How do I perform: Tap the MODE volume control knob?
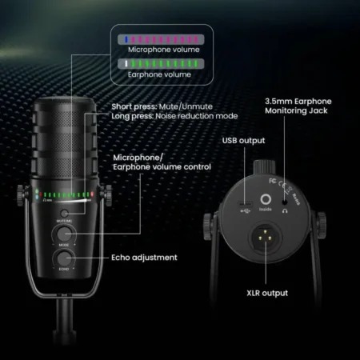pos(62,234)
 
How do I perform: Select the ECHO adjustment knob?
pos(62,258)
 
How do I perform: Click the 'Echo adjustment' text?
pos(145,258)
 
